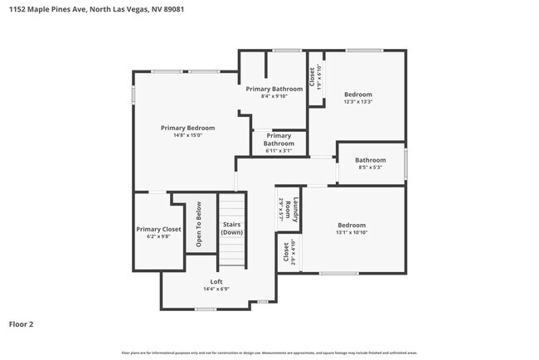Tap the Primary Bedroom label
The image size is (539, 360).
pos(187,128)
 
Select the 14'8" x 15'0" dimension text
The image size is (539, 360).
pos(187,135)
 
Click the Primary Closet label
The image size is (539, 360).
pos(158,229)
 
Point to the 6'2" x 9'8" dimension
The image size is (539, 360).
pos(158,236)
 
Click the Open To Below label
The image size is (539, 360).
pos(199,225)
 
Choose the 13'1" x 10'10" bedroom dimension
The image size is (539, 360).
pos(351,232)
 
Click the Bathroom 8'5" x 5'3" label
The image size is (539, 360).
pos(370,160)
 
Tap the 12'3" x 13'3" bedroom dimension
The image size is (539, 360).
pos(358,102)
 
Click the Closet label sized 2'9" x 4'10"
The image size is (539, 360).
pos(287,252)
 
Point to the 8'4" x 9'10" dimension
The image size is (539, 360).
pos(274,96)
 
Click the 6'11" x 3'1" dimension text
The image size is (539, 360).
pos(279,150)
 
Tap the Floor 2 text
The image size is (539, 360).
pos(21,324)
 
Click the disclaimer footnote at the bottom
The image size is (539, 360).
pos(269,353)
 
